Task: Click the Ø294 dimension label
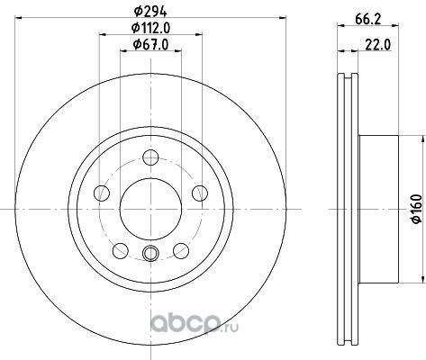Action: point(150,12)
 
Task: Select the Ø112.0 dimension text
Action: point(151,29)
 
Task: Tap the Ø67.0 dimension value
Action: point(150,45)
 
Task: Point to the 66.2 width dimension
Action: point(368,19)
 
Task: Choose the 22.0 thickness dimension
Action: point(378,45)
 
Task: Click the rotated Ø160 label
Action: point(416,209)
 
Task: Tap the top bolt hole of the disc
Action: point(150,158)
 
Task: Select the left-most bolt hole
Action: point(102,193)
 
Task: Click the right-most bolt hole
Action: point(200,193)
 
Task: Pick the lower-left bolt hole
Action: point(121,251)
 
